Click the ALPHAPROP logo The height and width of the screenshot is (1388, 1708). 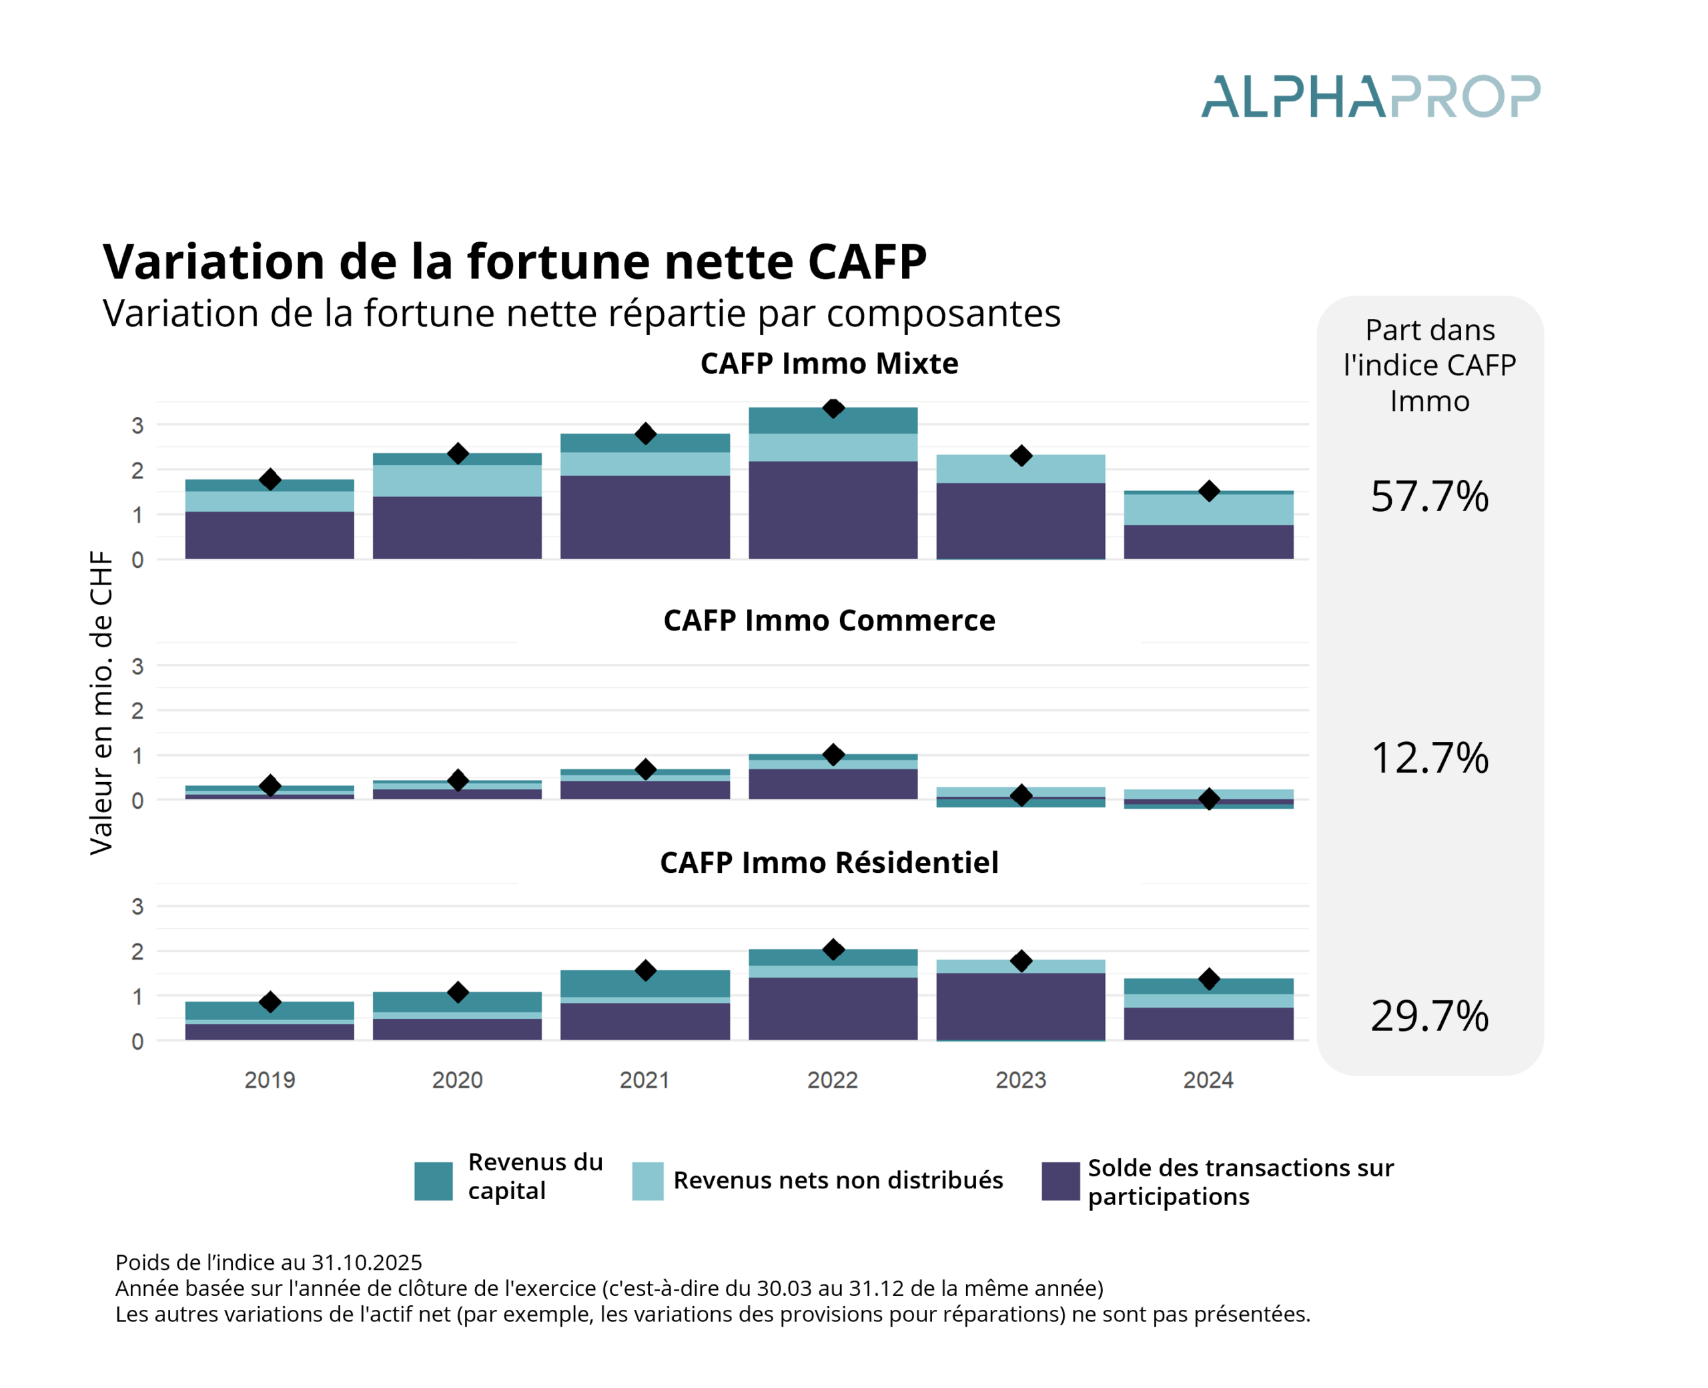click(1369, 97)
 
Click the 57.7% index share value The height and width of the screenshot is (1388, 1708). click(1429, 496)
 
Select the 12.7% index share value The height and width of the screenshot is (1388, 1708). click(1429, 758)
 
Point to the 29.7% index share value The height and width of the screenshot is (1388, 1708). click(1429, 1016)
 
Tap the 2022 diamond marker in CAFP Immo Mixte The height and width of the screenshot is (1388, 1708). click(833, 408)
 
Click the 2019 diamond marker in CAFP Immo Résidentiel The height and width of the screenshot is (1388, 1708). click(270, 1002)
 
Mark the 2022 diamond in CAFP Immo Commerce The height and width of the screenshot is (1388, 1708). click(833, 755)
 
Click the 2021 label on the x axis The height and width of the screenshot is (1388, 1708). click(645, 1080)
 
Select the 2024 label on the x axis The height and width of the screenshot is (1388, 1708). click(1208, 1080)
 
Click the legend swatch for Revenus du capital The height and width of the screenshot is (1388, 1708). click(433, 1181)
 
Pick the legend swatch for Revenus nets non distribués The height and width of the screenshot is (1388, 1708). click(647, 1181)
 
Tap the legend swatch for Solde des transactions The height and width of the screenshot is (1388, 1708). click(1059, 1181)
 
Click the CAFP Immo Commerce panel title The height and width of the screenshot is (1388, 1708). click(829, 621)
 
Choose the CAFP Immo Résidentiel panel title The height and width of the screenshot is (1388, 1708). click(829, 863)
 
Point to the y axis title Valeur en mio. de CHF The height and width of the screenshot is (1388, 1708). click(101, 702)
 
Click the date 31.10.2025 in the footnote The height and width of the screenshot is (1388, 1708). click(366, 1263)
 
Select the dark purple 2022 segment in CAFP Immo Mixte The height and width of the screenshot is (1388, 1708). click(833, 510)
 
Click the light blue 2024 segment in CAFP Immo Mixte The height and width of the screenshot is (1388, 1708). click(1208, 509)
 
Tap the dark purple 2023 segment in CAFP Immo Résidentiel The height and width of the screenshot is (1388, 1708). click(1021, 1006)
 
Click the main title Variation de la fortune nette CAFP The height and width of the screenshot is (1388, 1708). click(514, 262)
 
